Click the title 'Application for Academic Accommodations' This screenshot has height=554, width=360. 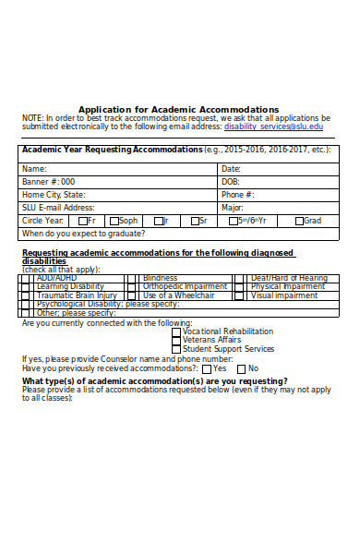(178, 109)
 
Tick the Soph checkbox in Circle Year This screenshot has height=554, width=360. (114, 221)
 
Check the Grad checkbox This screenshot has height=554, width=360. (299, 221)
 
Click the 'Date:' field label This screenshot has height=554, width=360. (231, 169)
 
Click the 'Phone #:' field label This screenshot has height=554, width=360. (237, 195)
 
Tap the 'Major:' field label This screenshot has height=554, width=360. (233, 208)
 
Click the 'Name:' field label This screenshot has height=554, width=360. (34, 169)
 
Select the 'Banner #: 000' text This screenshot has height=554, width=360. (49, 182)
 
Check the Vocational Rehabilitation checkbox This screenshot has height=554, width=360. (176, 331)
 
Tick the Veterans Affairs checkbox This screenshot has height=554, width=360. (176, 341)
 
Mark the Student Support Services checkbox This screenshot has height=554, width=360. (176, 350)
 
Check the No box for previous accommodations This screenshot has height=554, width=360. (241, 368)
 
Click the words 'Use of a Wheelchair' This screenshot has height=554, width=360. (178, 295)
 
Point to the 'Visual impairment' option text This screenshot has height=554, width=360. (284, 295)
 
